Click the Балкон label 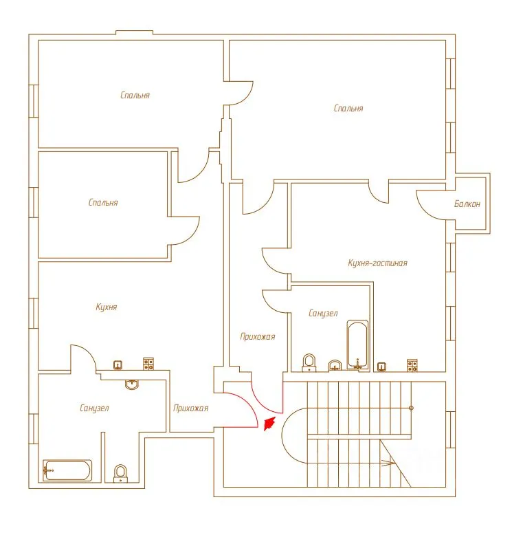point(467,204)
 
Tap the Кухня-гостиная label point(377,263)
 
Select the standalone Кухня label point(107,307)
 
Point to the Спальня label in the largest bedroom point(348,108)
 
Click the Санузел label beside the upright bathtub point(323,313)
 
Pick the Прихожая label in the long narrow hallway point(258,337)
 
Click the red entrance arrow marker point(269,424)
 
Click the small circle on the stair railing point(411,408)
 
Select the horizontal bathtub point(67,470)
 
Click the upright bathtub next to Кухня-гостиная point(357,345)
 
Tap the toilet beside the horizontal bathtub point(120,473)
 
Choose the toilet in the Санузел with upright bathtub point(309,362)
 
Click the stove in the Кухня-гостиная point(412,365)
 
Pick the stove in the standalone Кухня point(148,364)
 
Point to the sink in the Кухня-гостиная point(382,367)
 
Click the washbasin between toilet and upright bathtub point(335,365)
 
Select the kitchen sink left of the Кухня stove point(118,365)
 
